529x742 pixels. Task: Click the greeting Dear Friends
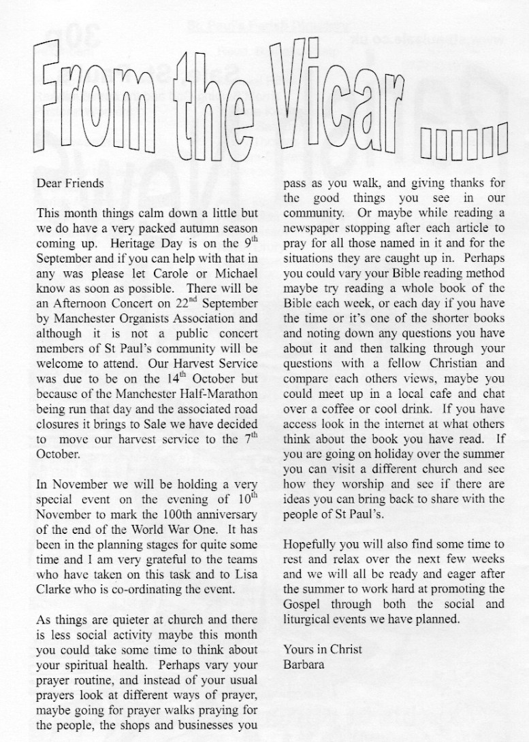pyautogui.click(x=70, y=183)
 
